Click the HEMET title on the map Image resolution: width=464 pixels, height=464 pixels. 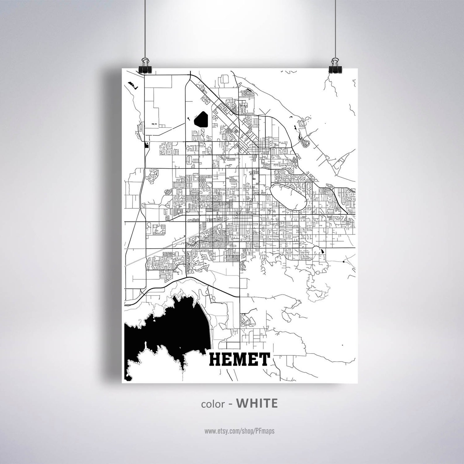[239, 360]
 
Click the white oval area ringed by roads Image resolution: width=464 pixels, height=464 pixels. [288, 196]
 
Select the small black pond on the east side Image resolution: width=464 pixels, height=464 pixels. [322, 251]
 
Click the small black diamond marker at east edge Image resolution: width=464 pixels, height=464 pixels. [344, 261]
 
